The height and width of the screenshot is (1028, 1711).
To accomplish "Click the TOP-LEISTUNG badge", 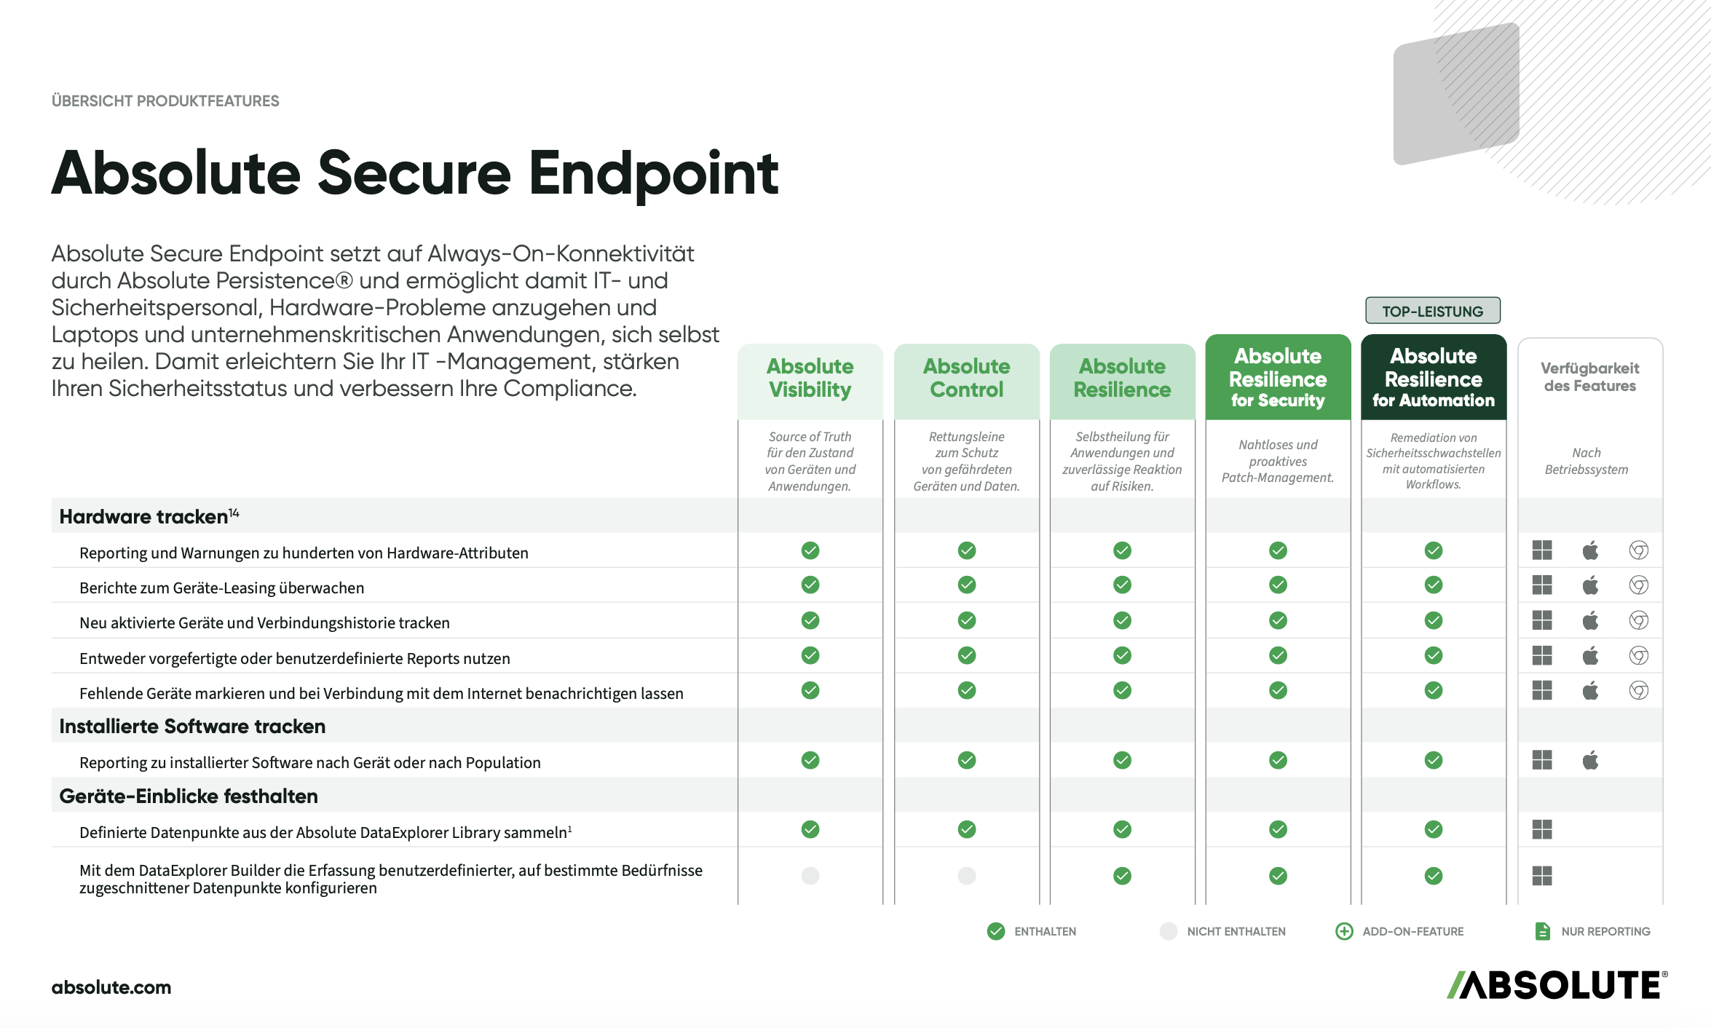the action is (1432, 311).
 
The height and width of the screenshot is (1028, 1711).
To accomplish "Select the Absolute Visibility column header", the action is (810, 379).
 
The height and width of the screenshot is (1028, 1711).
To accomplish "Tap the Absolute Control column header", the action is (967, 379).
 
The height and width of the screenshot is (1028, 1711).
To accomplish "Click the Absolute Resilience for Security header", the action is (1278, 377).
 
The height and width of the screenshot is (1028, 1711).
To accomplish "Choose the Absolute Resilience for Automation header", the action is (1434, 377).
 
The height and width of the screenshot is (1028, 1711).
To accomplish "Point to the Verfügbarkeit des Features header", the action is (1590, 377).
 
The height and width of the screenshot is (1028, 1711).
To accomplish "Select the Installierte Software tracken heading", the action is (192, 726).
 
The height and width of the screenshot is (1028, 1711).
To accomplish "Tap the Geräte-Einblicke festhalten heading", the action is (189, 796).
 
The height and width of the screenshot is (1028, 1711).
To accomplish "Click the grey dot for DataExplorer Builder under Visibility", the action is (810, 875).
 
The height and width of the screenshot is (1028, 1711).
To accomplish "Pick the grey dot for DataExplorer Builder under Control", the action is (967, 875).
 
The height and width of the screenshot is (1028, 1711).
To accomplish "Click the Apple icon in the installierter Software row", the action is (1590, 760).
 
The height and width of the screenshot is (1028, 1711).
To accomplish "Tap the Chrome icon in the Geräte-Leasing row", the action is (1639, 585).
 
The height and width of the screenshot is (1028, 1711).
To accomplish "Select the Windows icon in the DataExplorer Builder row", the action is (1542, 875).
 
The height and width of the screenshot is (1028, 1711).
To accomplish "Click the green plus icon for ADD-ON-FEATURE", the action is (1344, 931).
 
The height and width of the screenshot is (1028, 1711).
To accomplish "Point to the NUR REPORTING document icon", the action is (1542, 931).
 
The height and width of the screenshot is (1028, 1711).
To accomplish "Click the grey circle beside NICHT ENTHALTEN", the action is (1169, 931).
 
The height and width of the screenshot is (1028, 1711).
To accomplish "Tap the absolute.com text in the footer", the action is (111, 987).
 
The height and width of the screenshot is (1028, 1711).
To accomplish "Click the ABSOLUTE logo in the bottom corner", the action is (1557, 984).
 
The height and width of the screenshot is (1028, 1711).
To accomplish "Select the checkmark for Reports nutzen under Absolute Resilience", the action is (1123, 655).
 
